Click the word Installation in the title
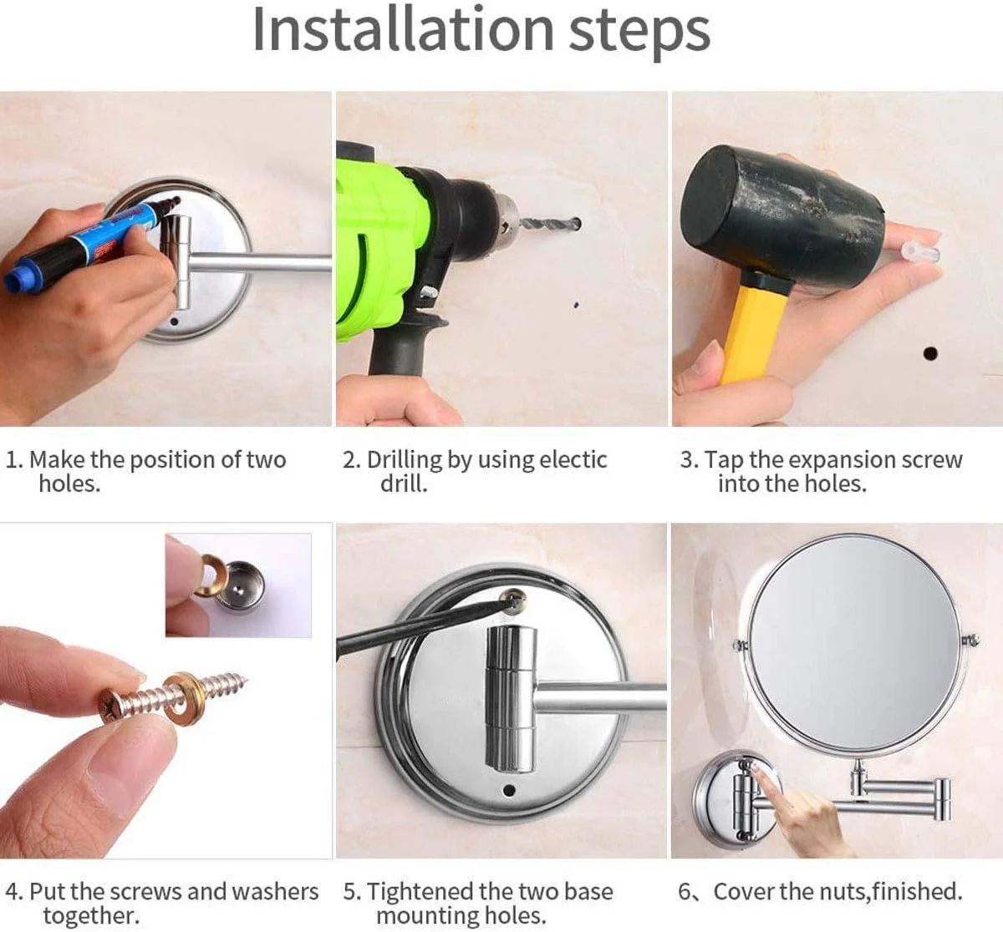[404, 30]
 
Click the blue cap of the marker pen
[18, 279]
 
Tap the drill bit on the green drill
[551, 224]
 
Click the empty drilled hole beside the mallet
[930, 353]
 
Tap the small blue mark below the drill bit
[576, 305]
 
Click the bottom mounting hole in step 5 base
[509, 790]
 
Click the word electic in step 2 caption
[573, 459]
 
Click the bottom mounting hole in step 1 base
[175, 322]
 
